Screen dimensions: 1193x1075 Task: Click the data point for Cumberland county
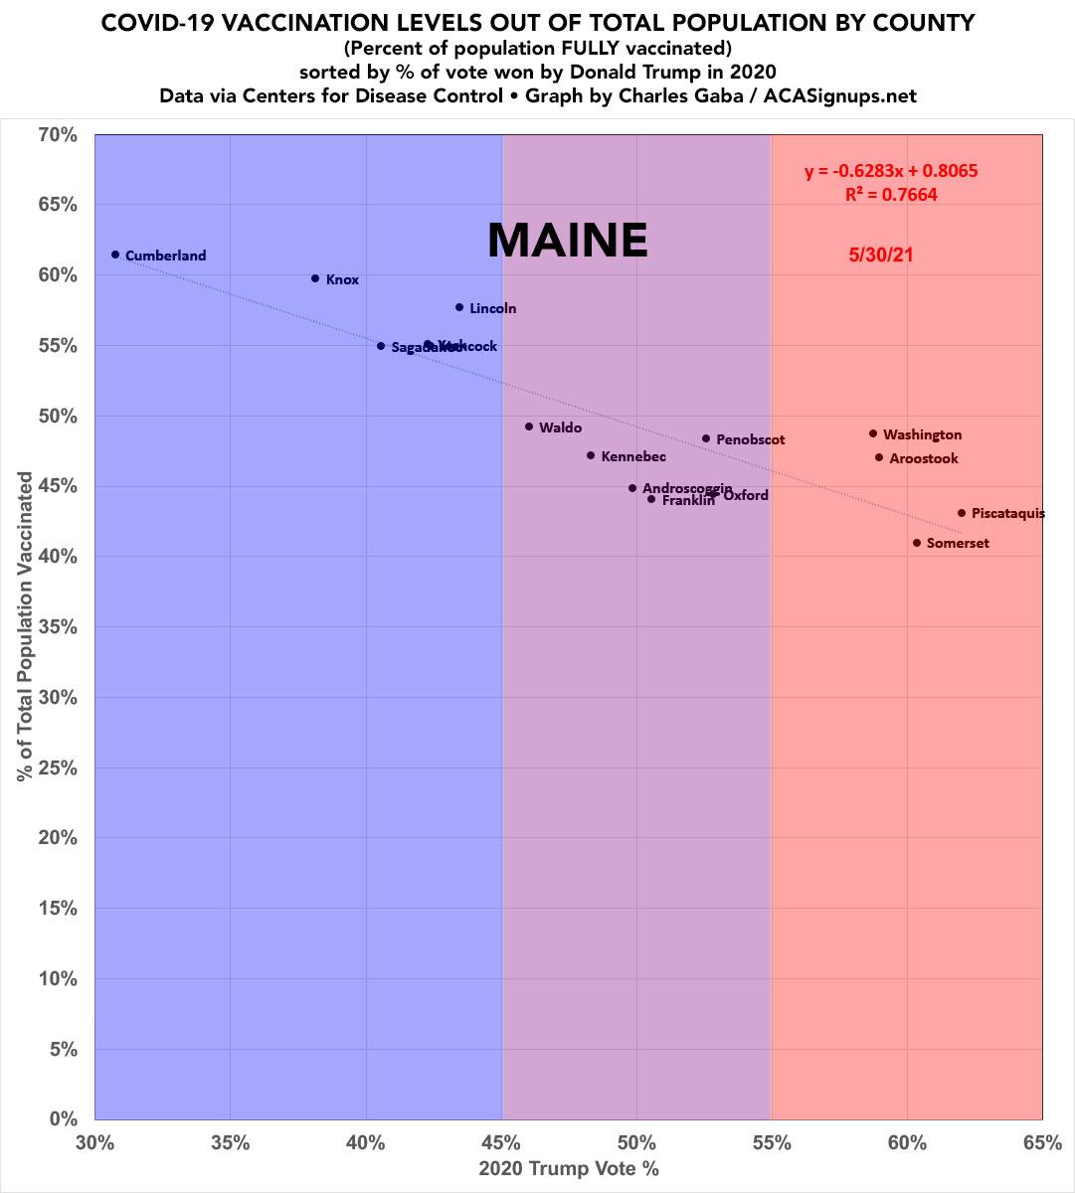pos(115,255)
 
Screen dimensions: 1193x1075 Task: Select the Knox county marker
pos(315,278)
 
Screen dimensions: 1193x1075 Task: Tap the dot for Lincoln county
pos(459,307)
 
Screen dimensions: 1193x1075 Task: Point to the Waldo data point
pos(529,426)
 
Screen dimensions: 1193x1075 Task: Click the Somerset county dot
pos(917,543)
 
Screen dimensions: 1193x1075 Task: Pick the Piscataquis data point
pos(962,513)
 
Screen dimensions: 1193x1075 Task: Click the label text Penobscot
pos(750,439)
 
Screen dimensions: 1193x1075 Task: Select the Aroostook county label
pos(923,458)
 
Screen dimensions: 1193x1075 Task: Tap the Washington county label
pos(922,434)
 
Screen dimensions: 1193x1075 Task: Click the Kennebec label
pos(633,456)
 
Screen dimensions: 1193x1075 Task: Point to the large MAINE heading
pos(567,240)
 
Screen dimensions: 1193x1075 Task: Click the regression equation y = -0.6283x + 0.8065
pos(891,171)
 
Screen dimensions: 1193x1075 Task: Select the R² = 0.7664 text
pos(891,195)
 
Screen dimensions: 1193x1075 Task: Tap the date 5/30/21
pos(881,256)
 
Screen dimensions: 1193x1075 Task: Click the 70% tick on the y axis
pos(59,134)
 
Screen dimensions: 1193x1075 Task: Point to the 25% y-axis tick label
pos(59,768)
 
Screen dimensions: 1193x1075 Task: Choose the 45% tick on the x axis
pos(501,1143)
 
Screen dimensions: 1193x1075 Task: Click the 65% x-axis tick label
pos(1042,1143)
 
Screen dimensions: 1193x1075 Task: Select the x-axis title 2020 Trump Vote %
pos(569,1169)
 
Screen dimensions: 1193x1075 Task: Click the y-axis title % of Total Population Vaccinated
pos(25,626)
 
